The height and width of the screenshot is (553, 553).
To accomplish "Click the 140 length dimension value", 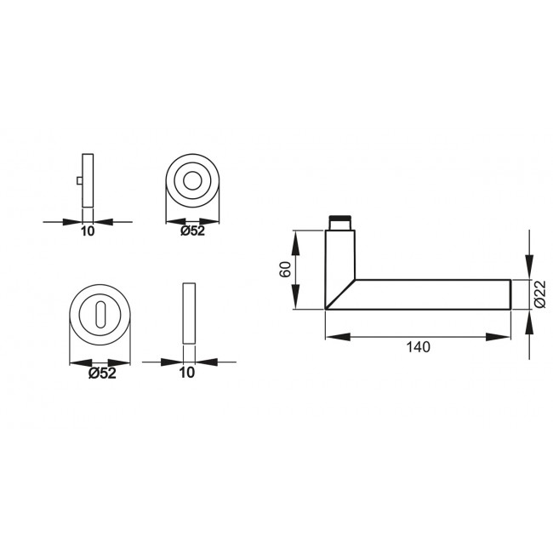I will tap(419, 347).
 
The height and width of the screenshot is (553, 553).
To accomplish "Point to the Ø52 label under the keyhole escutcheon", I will tap(102, 372).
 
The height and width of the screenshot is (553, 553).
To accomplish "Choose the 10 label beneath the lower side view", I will tap(188, 372).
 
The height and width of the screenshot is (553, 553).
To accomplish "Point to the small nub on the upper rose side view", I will tap(79, 181).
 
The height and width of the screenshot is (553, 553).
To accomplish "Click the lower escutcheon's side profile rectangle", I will tap(189, 313).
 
